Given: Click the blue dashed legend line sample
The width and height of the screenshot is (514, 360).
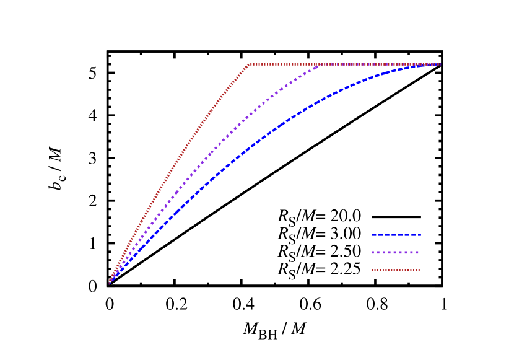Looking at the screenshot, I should pyautogui.click(x=396, y=235).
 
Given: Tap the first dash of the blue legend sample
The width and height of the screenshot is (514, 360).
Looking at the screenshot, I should pyautogui.click(x=375, y=235).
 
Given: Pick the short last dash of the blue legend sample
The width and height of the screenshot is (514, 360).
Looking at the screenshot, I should pyautogui.click(x=419, y=235).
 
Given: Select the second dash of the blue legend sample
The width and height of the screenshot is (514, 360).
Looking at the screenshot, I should pyautogui.click(x=383, y=235).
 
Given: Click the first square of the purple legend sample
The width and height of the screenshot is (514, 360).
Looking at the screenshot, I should pyautogui.click(x=373, y=253).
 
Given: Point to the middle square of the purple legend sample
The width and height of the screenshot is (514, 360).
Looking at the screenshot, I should pyautogui.click(x=395, y=253).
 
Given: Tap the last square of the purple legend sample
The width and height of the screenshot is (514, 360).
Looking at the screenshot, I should pyautogui.click(x=417, y=253).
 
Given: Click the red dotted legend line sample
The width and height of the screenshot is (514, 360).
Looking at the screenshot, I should pyautogui.click(x=396, y=270).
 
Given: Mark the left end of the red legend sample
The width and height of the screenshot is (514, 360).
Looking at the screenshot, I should pyautogui.click(x=373, y=270).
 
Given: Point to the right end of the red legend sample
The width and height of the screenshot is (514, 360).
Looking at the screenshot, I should pyautogui.click(x=419, y=270).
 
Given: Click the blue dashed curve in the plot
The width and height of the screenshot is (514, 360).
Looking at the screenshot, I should pyautogui.click(x=279, y=125).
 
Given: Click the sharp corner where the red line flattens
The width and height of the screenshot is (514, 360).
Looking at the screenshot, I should pyautogui.click(x=248, y=64).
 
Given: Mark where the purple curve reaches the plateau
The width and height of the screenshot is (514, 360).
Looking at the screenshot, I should pyautogui.click(x=320, y=64).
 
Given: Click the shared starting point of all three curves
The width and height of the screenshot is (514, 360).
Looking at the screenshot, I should pyautogui.click(x=110, y=283).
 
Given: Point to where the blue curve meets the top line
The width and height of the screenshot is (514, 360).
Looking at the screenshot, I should pyautogui.click(x=438, y=64).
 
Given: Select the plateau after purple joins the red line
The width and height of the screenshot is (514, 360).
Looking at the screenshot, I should pyautogui.click(x=378, y=64).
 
